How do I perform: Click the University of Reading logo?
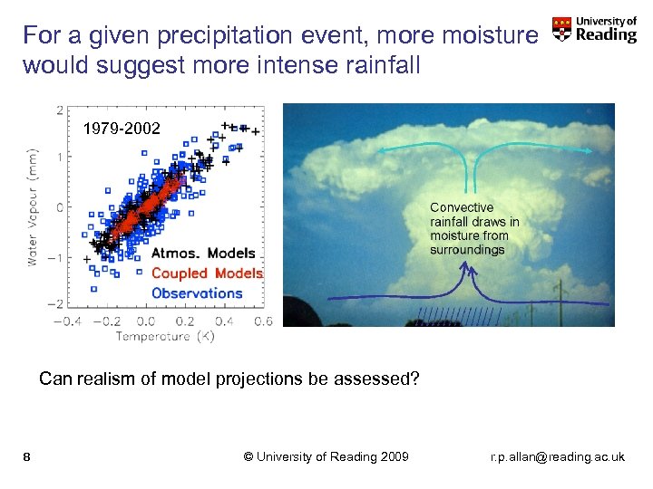click(595, 30)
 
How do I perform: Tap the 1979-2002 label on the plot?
click(122, 129)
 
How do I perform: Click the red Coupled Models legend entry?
click(207, 273)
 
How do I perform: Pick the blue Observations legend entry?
click(197, 292)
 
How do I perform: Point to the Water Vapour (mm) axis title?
click(33, 206)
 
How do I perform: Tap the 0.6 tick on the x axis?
click(263, 321)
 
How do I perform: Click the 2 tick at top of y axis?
click(59, 110)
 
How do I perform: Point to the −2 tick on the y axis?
click(55, 304)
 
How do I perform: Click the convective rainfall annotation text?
click(474, 228)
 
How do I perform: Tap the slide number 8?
click(27, 456)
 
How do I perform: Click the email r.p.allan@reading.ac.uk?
click(557, 456)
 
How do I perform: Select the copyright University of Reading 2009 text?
click(326, 456)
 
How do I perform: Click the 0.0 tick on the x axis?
click(145, 321)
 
